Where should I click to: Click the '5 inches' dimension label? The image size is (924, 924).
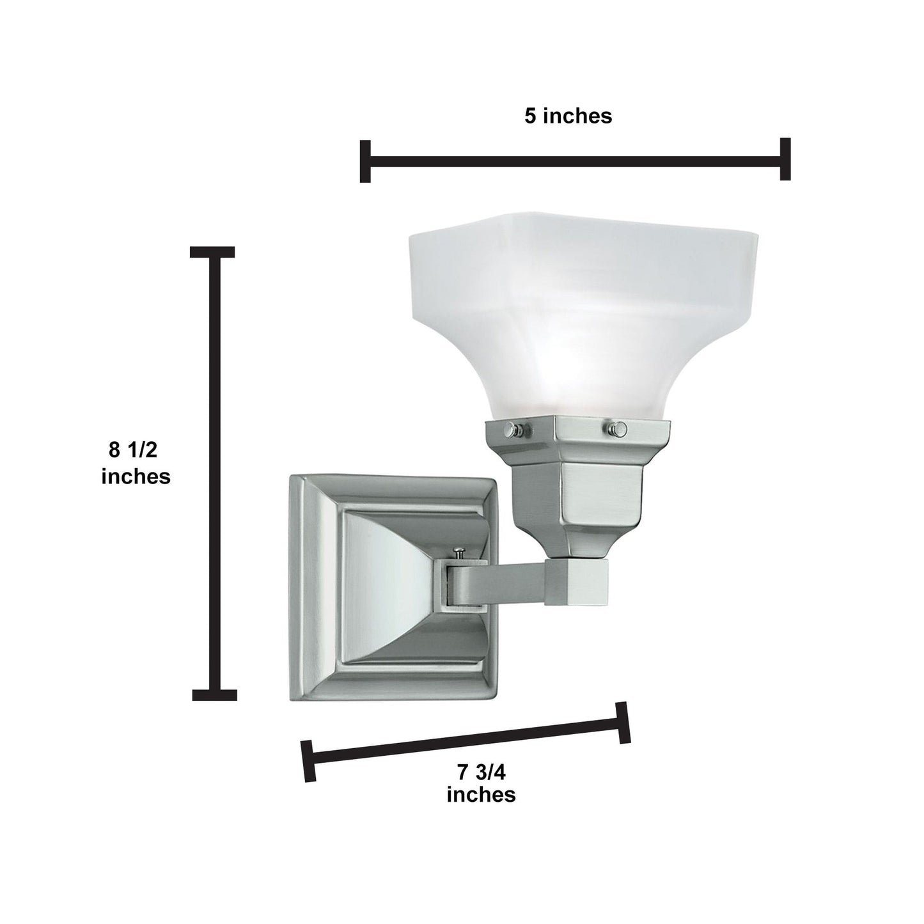568,116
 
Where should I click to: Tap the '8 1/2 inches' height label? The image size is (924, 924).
136,463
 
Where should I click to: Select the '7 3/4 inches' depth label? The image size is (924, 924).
481,783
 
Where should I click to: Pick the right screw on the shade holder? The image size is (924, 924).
616,427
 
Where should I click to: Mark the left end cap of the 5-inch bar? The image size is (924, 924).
365,161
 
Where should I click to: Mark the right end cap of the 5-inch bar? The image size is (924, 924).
785,159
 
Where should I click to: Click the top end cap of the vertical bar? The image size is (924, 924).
213,251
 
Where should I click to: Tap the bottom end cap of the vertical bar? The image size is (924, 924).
215,694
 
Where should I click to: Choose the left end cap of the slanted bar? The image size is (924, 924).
309,760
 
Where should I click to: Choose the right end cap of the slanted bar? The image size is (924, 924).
623,723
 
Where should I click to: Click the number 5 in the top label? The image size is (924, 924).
530,116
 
